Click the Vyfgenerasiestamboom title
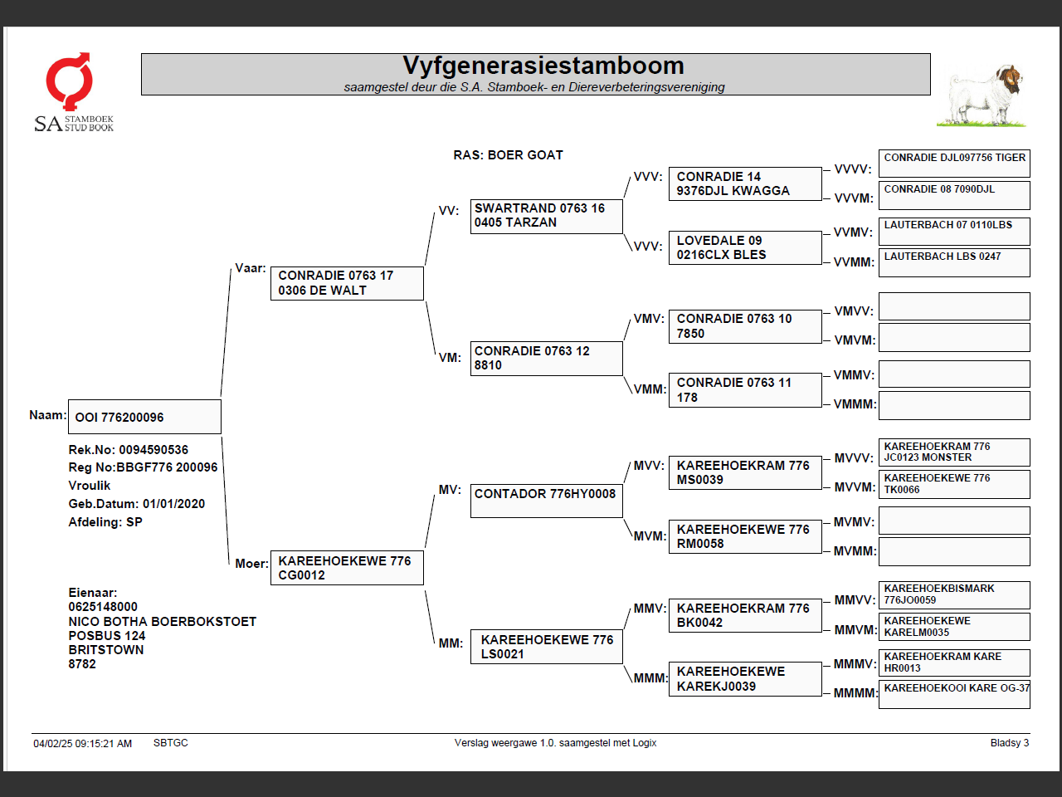543,66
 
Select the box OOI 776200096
144,417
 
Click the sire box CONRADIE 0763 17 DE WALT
347,283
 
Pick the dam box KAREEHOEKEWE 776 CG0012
347,568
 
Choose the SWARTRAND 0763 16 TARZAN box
546,216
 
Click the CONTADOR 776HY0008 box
546,501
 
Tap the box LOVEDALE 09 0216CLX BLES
744,247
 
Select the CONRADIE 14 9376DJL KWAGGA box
744,183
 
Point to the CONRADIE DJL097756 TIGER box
954,164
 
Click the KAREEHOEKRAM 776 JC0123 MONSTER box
954,452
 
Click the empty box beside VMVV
954,306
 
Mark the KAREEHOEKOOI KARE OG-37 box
954,694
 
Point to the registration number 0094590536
153,450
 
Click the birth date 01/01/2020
173,504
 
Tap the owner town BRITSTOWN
106,650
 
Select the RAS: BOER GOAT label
508,155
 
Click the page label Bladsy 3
1009,743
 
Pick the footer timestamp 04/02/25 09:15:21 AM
82,744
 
